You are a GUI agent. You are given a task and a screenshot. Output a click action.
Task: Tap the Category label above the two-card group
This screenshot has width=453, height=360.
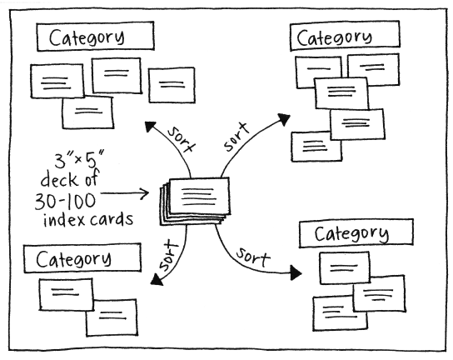click(x=73, y=258)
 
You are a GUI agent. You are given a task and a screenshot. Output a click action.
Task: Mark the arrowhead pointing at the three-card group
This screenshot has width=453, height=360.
click(x=296, y=272)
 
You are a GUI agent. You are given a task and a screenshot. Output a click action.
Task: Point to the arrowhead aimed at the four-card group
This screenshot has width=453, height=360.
click(x=151, y=126)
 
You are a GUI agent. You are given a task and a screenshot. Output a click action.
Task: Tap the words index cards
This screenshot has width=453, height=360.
click(x=89, y=220)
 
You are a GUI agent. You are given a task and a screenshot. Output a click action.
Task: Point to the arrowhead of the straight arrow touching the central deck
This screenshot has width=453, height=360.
click(x=144, y=194)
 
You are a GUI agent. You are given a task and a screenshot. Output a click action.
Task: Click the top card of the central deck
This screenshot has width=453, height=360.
click(x=198, y=197)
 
